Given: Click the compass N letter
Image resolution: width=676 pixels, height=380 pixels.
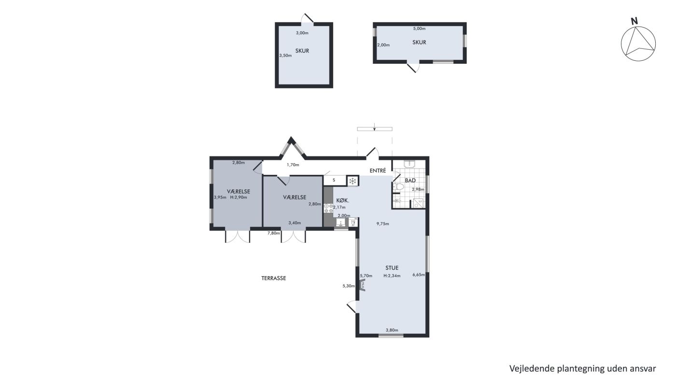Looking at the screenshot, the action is [634, 21].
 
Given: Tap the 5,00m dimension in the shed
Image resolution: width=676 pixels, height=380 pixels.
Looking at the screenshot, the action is [419, 28].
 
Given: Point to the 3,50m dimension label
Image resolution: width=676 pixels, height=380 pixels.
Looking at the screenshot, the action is [285, 56].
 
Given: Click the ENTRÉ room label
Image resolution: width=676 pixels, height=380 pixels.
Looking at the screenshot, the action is [378, 170].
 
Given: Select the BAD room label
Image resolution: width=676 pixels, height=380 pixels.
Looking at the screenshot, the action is [410, 180].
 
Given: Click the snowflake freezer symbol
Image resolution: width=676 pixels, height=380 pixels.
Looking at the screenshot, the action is [352, 181].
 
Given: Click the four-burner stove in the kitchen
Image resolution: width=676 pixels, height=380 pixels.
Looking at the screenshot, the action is [328, 208].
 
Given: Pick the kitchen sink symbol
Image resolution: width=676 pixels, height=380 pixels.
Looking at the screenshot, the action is [341, 223].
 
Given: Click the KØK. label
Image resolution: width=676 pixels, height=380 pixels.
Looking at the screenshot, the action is [343, 200].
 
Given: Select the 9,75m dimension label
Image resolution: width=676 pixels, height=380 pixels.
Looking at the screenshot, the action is [382, 224].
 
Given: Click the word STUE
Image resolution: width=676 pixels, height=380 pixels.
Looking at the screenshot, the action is [392, 267].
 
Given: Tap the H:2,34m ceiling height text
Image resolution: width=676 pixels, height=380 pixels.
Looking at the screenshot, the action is [392, 276].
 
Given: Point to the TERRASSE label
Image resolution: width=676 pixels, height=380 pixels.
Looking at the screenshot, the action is [274, 278].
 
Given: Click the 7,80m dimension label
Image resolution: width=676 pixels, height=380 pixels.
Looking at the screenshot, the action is [274, 233].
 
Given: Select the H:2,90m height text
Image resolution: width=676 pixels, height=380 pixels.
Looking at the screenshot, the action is [239, 197].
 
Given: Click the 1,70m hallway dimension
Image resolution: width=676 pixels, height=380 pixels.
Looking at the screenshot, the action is [293, 165].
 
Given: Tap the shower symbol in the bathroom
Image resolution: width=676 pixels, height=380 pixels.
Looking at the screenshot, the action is [418, 203].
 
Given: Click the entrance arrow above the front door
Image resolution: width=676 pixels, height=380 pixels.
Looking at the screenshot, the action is [375, 127].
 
